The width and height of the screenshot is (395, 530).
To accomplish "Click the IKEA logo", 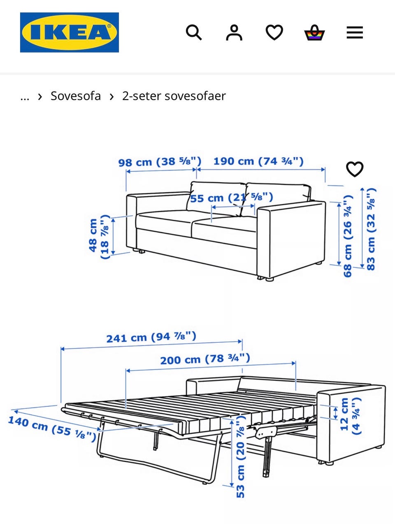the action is pos(70,32).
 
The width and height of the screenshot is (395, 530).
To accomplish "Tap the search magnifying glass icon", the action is pos(194,32).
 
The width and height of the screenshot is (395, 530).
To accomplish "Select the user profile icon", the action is pos(234,32).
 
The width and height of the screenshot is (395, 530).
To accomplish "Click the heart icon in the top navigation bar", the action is pos(274,32).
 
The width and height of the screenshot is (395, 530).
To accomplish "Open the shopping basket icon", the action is pos(315,32).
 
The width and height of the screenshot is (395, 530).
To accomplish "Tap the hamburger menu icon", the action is pos(355,32).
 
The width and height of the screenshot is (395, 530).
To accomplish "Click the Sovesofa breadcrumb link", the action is pos(76,96).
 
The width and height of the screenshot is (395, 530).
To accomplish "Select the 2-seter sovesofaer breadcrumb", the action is pos(174,96).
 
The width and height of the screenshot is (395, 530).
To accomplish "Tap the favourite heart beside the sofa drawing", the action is pos(355,169).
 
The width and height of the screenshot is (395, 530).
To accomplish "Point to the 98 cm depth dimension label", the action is pos(160,162).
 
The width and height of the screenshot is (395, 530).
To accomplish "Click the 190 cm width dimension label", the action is pos(258,161).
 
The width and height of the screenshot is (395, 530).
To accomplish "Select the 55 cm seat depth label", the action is pos(231,198).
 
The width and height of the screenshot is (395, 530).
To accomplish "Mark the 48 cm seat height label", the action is pos(99,236).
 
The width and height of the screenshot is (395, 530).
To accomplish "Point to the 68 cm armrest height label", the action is pos(348,236).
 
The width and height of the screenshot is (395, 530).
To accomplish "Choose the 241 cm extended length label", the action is pos(151,337).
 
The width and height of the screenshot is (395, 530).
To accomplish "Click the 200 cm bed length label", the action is pos(205,359).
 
